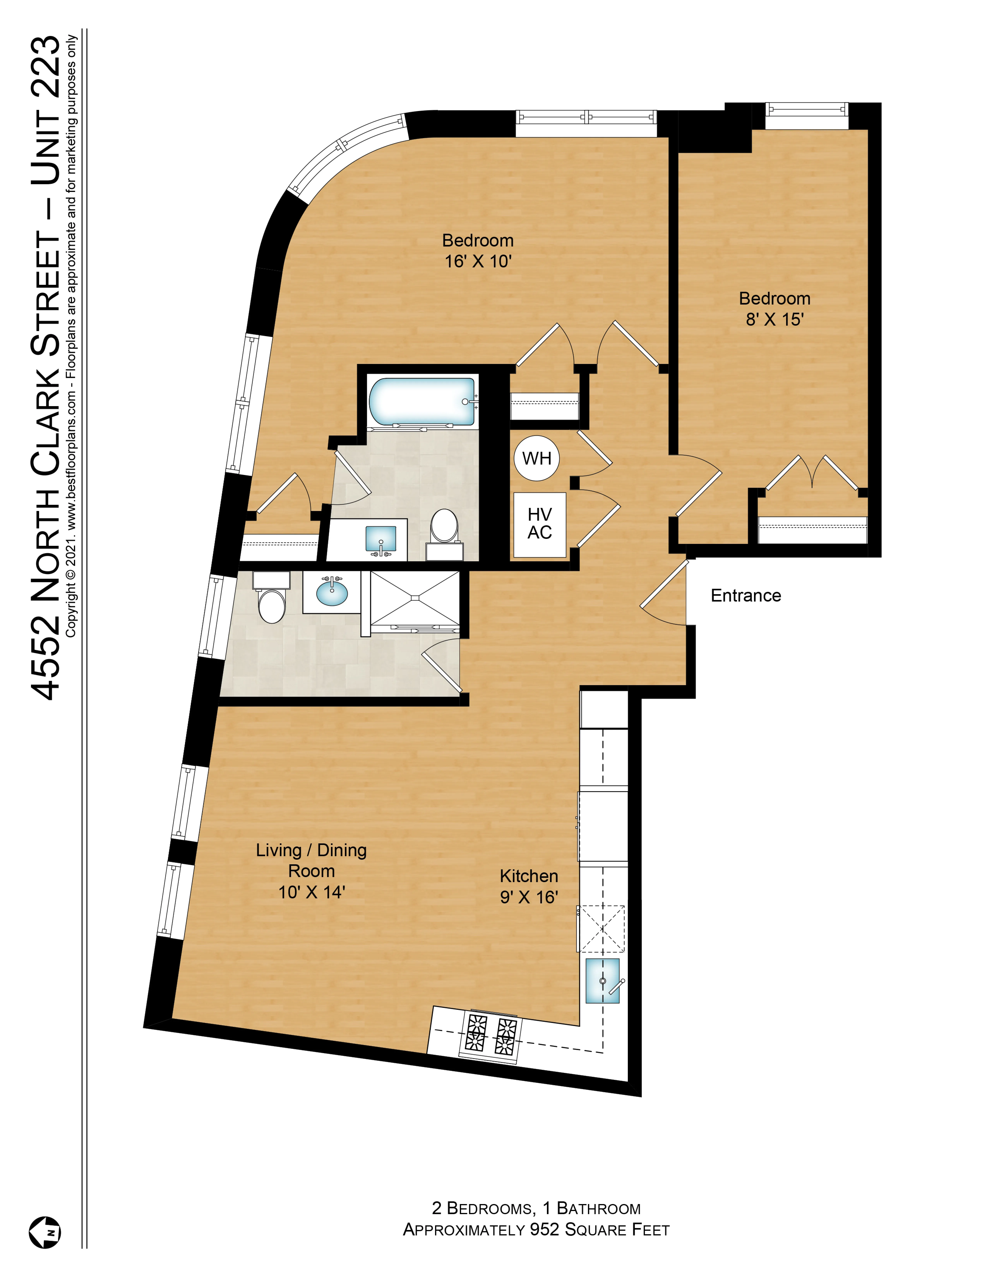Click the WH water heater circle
coord(536,458)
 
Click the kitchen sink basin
coord(602,981)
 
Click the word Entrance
coord(745,595)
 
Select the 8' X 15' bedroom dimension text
coord(774,319)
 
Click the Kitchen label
coord(529,876)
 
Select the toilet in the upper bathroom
coord(444,526)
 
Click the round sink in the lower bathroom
coord(332,592)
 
